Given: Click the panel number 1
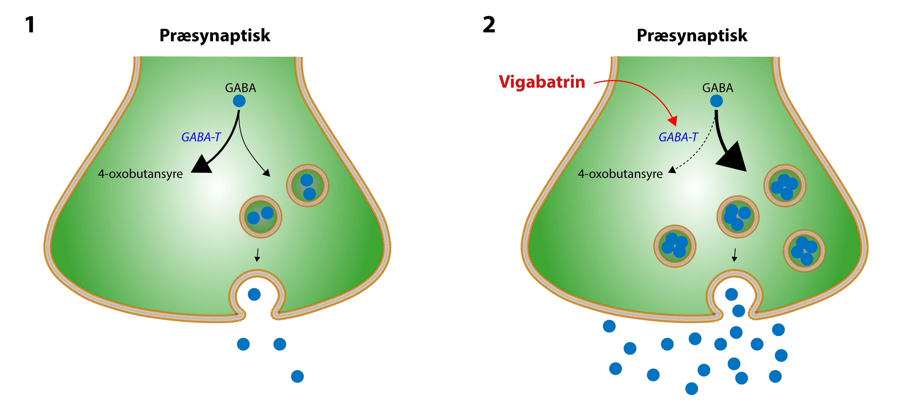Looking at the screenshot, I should coord(30,25).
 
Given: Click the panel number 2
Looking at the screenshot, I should coord(489,25).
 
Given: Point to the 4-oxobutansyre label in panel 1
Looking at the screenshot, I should coord(140,174).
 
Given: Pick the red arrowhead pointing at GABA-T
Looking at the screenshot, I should coord(673,121).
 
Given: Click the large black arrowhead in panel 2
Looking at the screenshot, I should coord(733,158).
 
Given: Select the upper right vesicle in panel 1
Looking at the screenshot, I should coord(307,185).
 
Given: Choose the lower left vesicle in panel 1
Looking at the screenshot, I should coord(261,216).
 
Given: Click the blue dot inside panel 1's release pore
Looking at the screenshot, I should coord(254,294).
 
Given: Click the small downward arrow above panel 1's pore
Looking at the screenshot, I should coord(257,255).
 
